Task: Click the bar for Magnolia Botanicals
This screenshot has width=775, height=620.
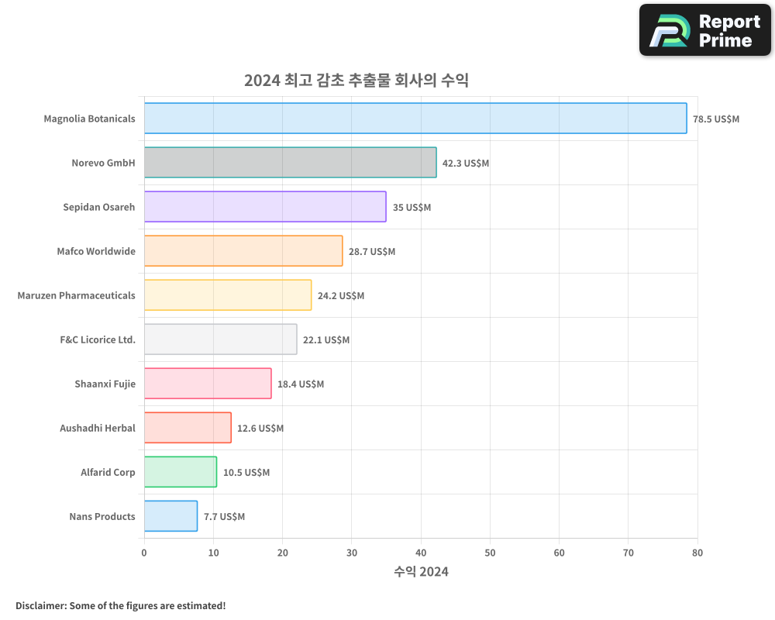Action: (415, 119)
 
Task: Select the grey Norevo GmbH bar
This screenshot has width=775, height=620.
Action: (290, 163)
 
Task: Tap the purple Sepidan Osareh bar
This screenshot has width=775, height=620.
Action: (264, 207)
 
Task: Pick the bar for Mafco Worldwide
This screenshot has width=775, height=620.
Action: (243, 251)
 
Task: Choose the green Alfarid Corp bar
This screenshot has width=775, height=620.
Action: (180, 472)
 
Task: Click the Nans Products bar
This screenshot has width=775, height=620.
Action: (170, 516)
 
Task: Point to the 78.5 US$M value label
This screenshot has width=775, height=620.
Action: (716, 119)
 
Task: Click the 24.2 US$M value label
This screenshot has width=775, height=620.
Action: (341, 296)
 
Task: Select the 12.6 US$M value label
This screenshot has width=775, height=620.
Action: (260, 429)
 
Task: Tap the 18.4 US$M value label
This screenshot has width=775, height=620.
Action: (301, 384)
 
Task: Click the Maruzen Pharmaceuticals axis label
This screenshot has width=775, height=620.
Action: (76, 295)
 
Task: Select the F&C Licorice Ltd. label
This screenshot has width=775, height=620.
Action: (98, 339)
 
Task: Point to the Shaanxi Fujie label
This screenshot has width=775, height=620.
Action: (105, 384)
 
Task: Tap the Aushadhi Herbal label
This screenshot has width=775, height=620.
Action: (98, 428)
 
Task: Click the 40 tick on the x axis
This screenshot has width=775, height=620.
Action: (421, 553)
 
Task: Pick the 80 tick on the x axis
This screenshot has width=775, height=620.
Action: (697, 553)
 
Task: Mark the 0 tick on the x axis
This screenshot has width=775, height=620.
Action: (144, 553)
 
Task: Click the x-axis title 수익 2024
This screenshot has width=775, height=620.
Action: (421, 572)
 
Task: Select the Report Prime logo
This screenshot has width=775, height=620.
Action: (705, 30)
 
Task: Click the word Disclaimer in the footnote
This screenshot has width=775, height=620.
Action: (40, 605)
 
